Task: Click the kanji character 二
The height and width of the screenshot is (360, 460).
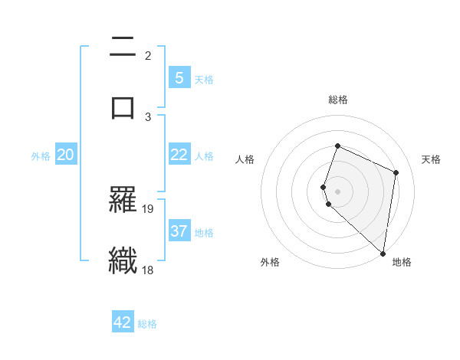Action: coord(123,47)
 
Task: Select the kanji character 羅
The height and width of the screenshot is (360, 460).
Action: coord(123,201)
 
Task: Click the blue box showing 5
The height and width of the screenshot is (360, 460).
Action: coord(179,77)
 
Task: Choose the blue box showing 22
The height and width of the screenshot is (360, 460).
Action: coord(179,155)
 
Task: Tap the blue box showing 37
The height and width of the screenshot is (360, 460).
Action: coord(179,231)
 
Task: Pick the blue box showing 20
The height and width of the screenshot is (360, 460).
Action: coord(66,155)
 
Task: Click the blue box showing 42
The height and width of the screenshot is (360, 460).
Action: coord(123,322)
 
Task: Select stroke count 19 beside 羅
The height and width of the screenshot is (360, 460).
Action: coord(149,208)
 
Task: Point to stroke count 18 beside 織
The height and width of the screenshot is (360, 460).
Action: coord(149,269)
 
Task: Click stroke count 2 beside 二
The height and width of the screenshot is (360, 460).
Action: coord(148,56)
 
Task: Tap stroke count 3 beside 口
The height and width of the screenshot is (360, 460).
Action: coord(148,116)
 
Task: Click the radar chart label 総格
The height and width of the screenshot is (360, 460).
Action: coord(338,100)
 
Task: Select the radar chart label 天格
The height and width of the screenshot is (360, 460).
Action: coord(431,159)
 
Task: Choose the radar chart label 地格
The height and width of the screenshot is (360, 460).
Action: coord(402,262)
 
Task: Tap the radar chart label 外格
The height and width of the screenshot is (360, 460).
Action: coord(270,262)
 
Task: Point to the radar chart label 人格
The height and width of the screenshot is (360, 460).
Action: coord(245,159)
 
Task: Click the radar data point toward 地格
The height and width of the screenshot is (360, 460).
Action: coord(383,253)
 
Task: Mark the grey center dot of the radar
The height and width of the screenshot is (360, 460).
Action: coord(338,191)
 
